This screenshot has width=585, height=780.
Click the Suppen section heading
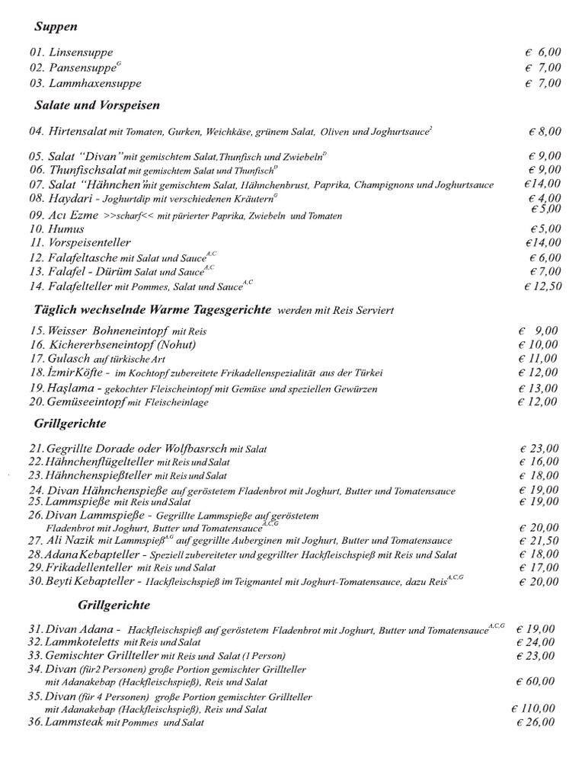click(x=56, y=27)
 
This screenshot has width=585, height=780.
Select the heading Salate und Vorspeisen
click(x=97, y=104)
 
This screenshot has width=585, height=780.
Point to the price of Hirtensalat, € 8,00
click(x=545, y=132)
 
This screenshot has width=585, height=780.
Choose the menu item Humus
click(x=66, y=229)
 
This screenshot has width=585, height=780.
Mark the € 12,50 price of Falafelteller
click(x=542, y=286)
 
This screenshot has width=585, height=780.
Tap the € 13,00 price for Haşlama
click(x=538, y=388)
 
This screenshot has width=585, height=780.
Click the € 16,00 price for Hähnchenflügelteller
click(x=539, y=462)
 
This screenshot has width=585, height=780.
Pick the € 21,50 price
click(x=539, y=540)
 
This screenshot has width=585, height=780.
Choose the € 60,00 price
click(x=535, y=681)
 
